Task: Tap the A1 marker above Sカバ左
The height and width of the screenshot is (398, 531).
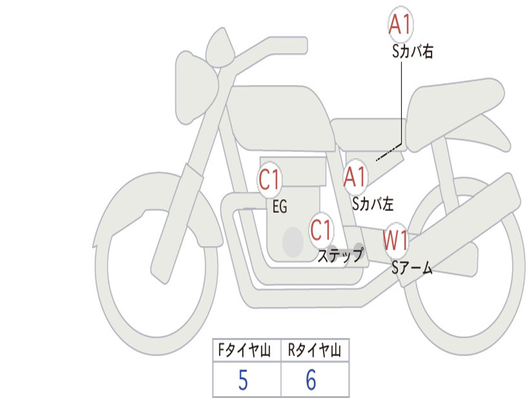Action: click(x=356, y=177)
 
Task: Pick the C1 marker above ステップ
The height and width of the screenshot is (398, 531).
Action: click(x=322, y=230)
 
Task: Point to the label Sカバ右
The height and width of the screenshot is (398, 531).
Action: click(x=413, y=52)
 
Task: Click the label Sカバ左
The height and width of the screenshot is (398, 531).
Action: click(x=373, y=204)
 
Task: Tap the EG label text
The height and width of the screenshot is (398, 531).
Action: click(x=280, y=207)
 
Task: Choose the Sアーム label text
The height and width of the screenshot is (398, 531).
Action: click(x=412, y=268)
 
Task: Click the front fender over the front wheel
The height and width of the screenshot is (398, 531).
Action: click(x=156, y=200)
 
